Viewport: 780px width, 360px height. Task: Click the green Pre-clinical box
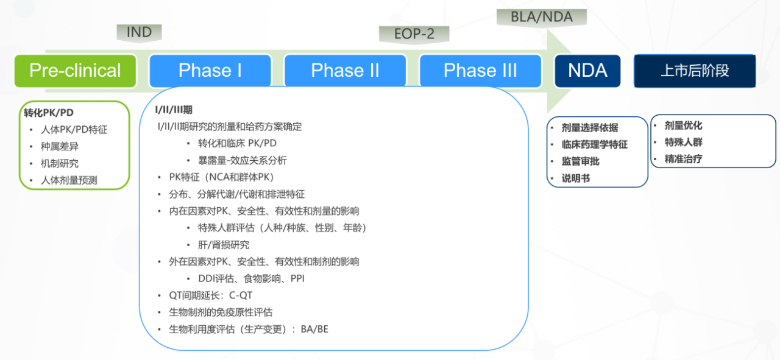[x=75, y=71]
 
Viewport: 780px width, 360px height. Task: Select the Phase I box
[x=210, y=71]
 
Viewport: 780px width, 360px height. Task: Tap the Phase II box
[x=346, y=71]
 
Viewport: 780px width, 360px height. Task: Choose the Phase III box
[x=481, y=71]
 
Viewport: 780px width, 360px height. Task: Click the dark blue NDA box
[x=587, y=71]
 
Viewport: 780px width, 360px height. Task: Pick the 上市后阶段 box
[x=695, y=71]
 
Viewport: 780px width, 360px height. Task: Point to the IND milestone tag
[x=139, y=33]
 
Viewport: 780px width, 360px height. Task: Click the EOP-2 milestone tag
[x=414, y=35]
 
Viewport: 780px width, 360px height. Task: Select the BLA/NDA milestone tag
[x=542, y=17]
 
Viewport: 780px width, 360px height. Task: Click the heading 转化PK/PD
[x=49, y=113]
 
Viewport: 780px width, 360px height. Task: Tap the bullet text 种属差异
[x=60, y=147]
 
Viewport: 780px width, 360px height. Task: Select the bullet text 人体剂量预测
[x=69, y=180]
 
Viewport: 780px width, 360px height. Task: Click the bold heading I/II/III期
[x=174, y=110]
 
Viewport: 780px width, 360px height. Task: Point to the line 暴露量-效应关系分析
[x=243, y=160]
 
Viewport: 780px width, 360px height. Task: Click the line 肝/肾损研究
[x=224, y=245]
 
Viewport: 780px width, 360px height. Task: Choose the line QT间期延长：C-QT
[x=211, y=295]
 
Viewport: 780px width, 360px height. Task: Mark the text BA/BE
[x=314, y=329]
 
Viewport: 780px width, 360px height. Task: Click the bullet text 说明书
[x=576, y=178]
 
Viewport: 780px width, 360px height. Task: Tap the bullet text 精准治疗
[x=683, y=159]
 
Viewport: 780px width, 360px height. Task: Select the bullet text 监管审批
[x=581, y=161]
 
